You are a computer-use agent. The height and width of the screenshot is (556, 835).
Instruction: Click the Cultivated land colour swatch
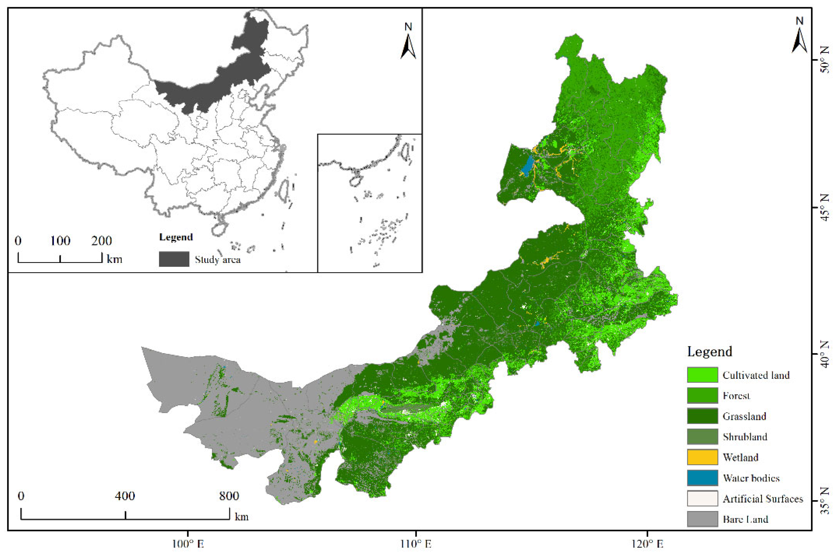point(702,375)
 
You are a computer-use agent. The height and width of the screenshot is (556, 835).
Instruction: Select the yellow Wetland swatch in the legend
point(702,457)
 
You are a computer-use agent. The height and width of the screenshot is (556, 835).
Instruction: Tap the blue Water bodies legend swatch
point(702,478)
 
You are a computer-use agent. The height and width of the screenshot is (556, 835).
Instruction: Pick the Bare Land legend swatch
point(702,519)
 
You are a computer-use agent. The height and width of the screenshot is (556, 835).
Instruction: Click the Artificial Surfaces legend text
point(763,498)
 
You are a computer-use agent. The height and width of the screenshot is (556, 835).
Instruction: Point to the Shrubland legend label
point(745,437)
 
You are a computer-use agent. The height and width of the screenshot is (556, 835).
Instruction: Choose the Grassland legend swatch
point(702,416)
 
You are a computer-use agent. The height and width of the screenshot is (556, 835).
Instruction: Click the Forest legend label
point(736,395)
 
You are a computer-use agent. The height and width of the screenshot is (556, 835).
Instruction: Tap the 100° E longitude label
point(188,544)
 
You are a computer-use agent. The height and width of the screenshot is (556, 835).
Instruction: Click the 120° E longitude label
point(647,544)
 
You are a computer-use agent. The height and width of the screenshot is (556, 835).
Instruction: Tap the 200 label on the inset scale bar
point(101,241)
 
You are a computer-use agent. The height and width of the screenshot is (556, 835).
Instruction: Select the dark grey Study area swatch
point(174,259)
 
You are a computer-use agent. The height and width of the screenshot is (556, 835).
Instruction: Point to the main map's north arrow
point(799,37)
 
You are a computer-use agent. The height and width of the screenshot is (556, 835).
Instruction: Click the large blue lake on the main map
point(528,166)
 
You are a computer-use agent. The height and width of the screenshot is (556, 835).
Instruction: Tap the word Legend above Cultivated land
point(710,351)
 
